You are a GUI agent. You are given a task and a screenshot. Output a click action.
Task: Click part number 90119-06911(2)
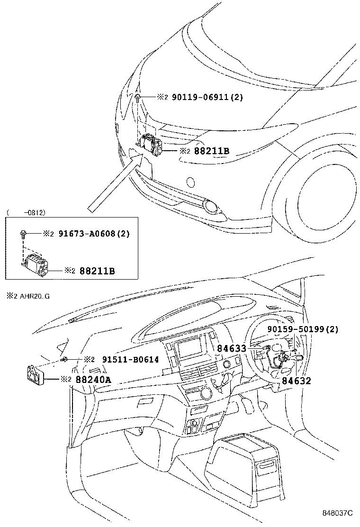click(207, 97)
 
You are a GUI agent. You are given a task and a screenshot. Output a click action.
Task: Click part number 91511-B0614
click(130, 360)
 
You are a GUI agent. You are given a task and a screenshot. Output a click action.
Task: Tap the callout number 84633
click(232, 348)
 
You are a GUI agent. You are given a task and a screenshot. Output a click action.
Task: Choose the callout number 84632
click(297, 381)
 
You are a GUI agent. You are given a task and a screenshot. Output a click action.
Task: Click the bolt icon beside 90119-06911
click(137, 98)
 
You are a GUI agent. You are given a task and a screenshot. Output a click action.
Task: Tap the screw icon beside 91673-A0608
click(23, 233)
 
